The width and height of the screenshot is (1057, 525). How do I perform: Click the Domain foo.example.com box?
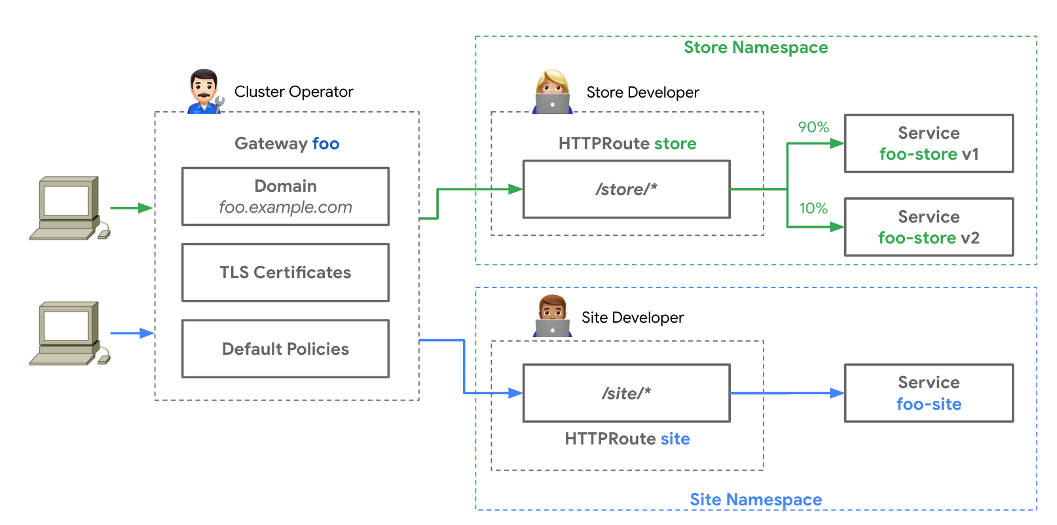(x=286, y=196)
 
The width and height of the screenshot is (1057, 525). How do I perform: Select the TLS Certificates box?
(x=286, y=272)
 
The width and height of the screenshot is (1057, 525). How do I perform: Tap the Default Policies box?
(x=286, y=349)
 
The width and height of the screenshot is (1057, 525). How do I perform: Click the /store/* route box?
(x=627, y=189)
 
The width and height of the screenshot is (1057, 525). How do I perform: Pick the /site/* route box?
(x=627, y=393)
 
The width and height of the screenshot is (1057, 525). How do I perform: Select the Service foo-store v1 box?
(x=929, y=143)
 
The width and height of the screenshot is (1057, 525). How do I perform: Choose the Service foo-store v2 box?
(x=929, y=227)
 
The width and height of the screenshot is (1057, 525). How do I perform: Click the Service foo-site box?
(x=929, y=393)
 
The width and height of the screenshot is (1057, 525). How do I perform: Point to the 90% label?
(x=813, y=127)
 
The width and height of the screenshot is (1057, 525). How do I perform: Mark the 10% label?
(x=813, y=208)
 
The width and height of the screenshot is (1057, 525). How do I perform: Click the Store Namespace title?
(x=756, y=47)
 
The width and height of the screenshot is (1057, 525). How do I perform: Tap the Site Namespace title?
(x=756, y=499)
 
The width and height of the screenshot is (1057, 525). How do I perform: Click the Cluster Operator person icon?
(x=204, y=91)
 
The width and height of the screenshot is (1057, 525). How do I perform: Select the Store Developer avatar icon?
(x=552, y=92)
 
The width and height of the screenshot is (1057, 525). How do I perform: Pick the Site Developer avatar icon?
(x=552, y=316)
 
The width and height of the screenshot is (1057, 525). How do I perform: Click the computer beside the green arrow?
(x=69, y=208)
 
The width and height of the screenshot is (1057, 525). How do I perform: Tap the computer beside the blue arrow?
(x=69, y=333)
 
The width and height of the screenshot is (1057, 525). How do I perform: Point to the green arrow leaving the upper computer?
(x=131, y=208)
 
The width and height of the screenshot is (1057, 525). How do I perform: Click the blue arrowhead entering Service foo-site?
(x=837, y=393)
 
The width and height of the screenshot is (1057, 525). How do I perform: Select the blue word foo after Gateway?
(x=325, y=143)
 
